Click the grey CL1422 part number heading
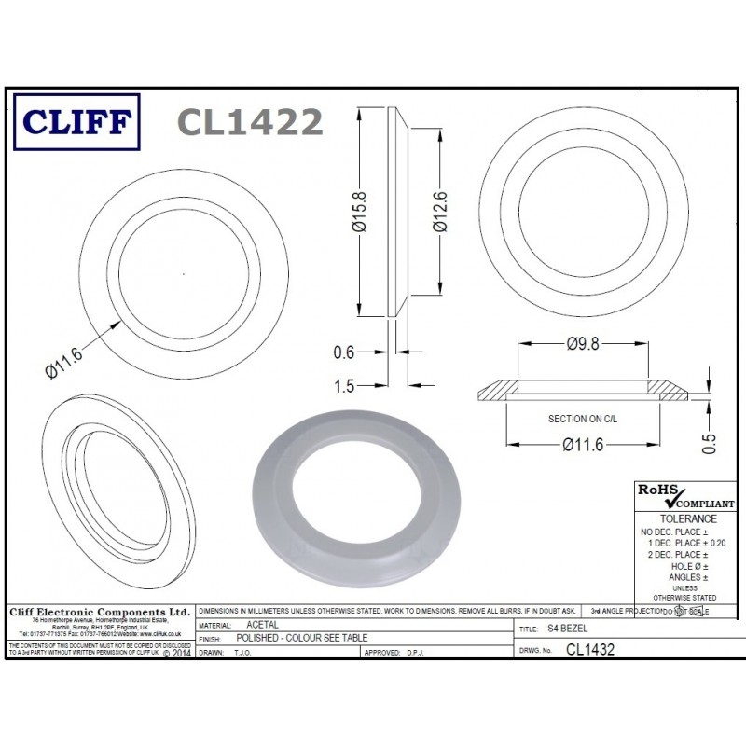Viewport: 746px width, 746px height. (249, 121)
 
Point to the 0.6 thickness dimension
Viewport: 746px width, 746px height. (344, 352)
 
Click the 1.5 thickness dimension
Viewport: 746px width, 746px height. (344, 384)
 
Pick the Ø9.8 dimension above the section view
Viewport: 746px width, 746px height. (583, 344)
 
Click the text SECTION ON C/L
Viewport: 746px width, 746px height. (583, 420)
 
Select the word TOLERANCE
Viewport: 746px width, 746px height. (688, 518)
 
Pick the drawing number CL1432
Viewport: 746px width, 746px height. (589, 649)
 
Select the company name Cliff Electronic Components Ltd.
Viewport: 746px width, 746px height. (99, 611)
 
